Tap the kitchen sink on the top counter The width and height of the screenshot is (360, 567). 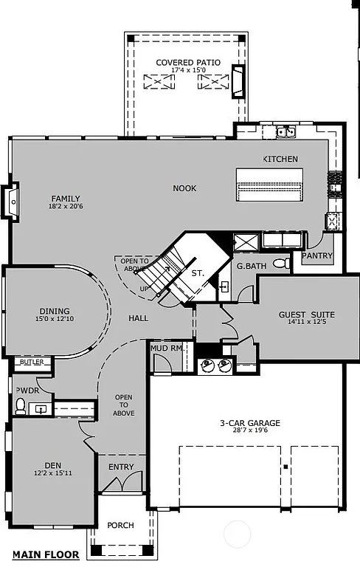click(285, 132)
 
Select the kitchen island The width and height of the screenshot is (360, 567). click(269, 185)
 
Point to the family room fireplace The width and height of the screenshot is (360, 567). click(12, 200)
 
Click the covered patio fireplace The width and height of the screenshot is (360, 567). click(238, 81)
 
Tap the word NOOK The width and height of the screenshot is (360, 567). click(184, 188)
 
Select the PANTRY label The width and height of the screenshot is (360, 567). click(317, 256)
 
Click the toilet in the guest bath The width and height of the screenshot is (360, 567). click(280, 264)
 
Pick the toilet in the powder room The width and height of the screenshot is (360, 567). click(21, 405)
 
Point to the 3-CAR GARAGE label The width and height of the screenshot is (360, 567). click(249, 423)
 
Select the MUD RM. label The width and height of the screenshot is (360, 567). click(166, 347)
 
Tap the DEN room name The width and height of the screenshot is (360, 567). click(52, 465)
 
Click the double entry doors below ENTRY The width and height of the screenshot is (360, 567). click(121, 485)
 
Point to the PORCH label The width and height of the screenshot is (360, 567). click(120, 526)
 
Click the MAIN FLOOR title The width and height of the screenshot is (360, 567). click(42, 554)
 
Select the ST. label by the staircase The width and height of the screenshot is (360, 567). click(198, 273)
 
